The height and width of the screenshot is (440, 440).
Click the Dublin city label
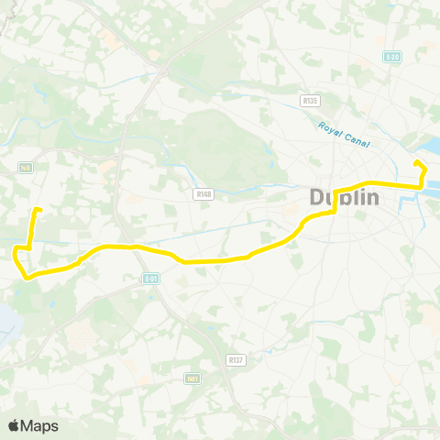coord(347,197)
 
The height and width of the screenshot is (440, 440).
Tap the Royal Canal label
coord(341,133)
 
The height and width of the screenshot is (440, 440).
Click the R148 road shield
coord(203,193)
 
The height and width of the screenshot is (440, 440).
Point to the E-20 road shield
coord(392,57)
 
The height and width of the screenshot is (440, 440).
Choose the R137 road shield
coord(236,360)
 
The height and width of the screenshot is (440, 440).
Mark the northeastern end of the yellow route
coord(417,163)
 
